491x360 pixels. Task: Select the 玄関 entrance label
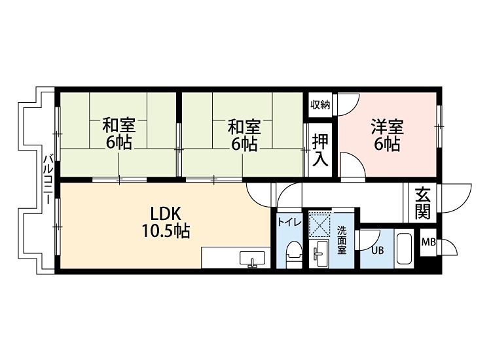pos(422,203)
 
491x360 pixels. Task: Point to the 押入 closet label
pos(321,150)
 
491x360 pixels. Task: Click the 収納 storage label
pos(320,105)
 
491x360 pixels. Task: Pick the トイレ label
pos(289,223)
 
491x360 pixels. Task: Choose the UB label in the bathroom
pos(378,249)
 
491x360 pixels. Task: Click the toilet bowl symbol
pos(294,253)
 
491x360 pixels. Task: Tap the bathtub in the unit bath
pos(404,249)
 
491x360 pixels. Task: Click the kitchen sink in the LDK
pos(251,259)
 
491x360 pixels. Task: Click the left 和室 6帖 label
pos(118,134)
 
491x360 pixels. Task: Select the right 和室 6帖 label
pos(244,135)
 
